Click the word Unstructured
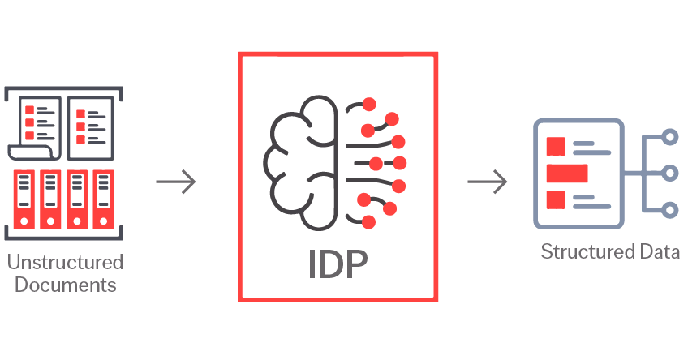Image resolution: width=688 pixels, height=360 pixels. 65,263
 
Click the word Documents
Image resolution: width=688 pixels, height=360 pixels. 65,285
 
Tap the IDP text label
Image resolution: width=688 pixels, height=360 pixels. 338,264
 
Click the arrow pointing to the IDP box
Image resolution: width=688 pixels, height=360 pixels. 176,182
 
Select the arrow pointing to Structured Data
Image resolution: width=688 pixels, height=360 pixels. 488,182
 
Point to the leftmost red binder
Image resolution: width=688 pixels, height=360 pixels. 24,199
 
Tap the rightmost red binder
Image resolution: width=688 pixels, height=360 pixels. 102,199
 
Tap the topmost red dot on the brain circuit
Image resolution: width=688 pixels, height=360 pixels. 369,104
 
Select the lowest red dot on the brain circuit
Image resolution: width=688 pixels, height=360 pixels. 368,221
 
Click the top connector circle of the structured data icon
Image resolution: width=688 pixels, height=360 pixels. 669,137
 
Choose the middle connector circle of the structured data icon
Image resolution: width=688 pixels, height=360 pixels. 669,173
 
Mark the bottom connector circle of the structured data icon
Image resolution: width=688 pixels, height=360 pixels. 669,210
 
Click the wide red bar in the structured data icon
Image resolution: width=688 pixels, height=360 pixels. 566,173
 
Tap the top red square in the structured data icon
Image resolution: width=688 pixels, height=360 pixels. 556,147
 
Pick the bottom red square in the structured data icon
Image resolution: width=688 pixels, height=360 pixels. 556,199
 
